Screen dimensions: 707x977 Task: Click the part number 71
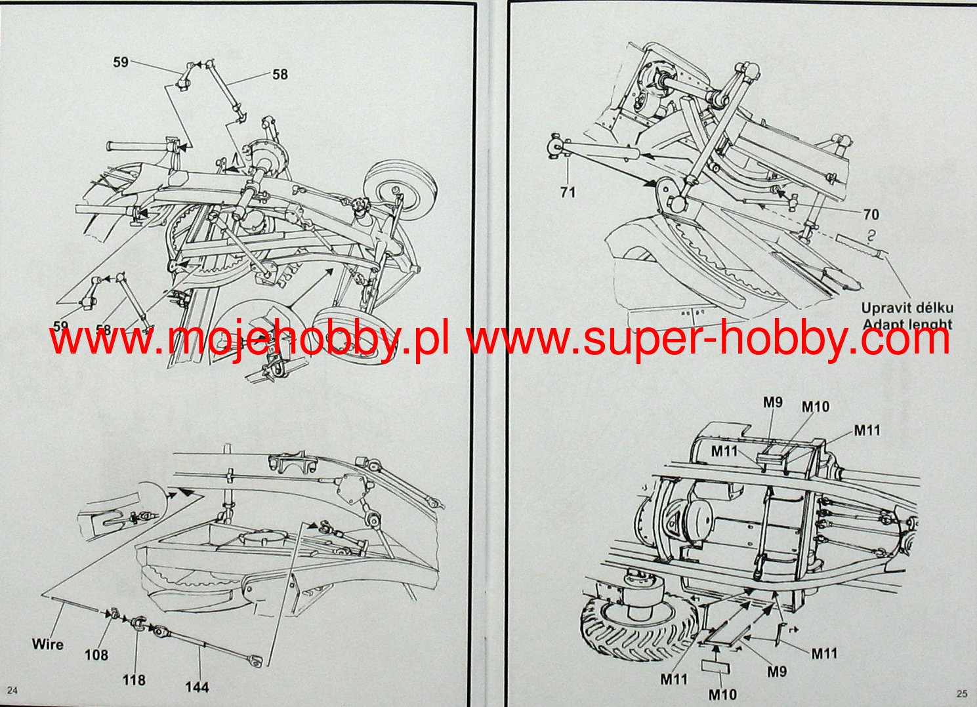point(568,192)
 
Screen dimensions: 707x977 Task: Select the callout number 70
point(871,214)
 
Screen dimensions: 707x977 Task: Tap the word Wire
point(48,644)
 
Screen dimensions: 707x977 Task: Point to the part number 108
point(96,655)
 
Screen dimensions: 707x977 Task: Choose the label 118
point(134,679)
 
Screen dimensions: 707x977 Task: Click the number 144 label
point(197,687)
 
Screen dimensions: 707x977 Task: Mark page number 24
point(13,690)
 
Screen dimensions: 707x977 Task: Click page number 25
point(961,693)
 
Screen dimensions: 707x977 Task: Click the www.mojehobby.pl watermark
point(249,340)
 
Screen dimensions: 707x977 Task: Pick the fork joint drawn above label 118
point(138,623)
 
